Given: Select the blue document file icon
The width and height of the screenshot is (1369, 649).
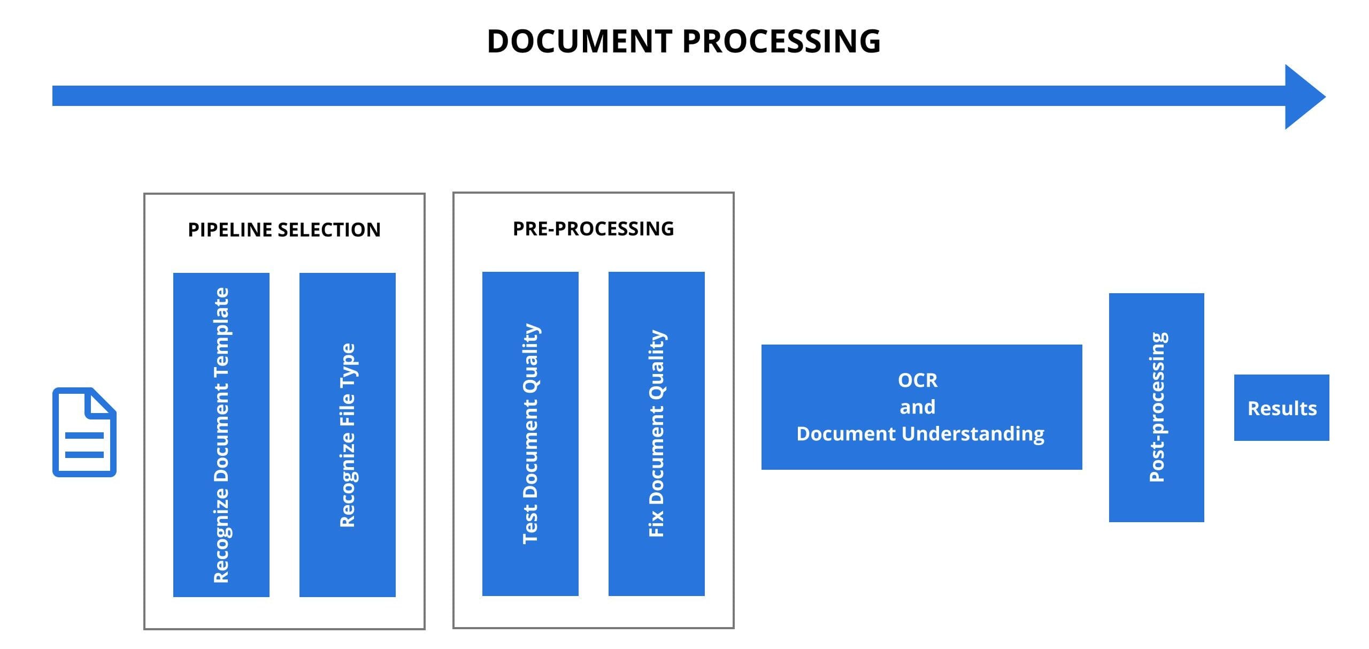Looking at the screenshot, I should [x=84, y=432].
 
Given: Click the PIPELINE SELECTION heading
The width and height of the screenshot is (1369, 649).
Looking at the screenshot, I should [x=284, y=230].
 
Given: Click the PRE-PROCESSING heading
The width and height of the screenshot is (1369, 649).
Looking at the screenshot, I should [x=593, y=229].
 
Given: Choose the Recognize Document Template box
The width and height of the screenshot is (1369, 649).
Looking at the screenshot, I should [x=221, y=434].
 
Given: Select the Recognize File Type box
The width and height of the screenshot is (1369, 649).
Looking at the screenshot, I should [x=347, y=434].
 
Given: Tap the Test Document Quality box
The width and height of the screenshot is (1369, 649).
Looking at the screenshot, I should [x=530, y=433].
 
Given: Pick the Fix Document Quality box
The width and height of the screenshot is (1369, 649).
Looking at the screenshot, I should [x=656, y=433].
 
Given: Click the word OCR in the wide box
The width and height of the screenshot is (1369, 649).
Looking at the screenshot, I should [x=917, y=380].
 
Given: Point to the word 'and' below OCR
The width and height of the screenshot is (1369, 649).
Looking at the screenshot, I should [x=917, y=407].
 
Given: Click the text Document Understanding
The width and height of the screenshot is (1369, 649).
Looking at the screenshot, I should [x=920, y=433].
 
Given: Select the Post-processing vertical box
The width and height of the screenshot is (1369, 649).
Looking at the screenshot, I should [x=1156, y=407].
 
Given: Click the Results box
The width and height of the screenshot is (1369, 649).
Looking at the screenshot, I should [x=1281, y=408].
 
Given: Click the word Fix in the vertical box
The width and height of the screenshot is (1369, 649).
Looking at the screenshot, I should [x=656, y=523].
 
